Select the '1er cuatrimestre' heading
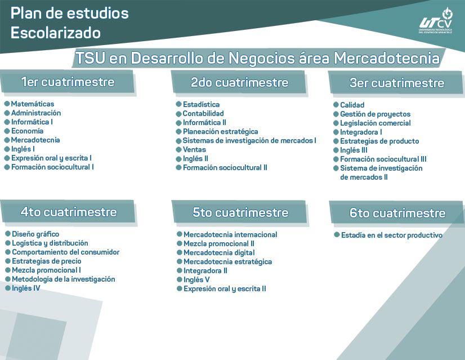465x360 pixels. (x=68, y=82)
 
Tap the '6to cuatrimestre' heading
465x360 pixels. (x=397, y=213)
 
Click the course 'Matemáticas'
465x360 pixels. (x=33, y=104)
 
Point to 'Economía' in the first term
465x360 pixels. (x=27, y=131)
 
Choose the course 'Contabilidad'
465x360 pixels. (x=203, y=113)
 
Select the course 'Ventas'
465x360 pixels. (x=194, y=149)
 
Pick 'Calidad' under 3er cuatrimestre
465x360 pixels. (x=352, y=105)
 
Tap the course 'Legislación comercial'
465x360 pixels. (x=375, y=123)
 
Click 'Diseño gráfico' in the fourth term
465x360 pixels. (x=35, y=234)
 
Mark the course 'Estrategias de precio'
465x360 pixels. (x=47, y=261)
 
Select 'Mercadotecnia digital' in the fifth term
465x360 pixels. (x=219, y=252)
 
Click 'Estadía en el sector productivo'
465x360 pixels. (x=391, y=235)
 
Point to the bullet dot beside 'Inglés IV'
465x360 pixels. (x=7, y=288)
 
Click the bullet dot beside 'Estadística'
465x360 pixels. (x=178, y=104)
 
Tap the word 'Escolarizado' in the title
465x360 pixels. (x=56, y=33)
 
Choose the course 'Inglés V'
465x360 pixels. (x=196, y=279)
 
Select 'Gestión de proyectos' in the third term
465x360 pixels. (x=375, y=114)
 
